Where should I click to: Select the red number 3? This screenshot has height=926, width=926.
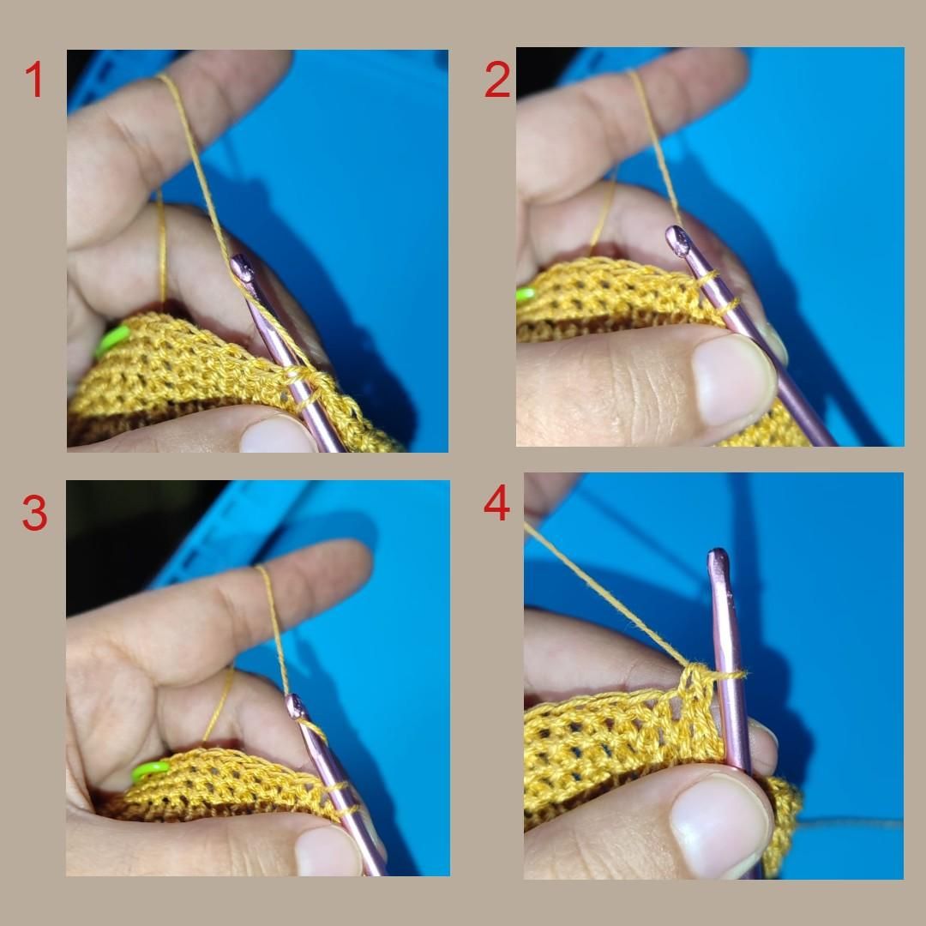[34, 512]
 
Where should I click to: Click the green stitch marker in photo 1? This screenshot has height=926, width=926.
[112, 341]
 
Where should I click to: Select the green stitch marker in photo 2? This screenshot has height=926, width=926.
[525, 294]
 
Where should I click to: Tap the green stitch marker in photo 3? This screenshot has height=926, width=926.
[150, 770]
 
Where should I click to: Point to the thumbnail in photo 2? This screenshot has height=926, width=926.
[732, 378]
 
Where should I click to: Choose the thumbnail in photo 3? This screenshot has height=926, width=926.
[328, 851]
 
